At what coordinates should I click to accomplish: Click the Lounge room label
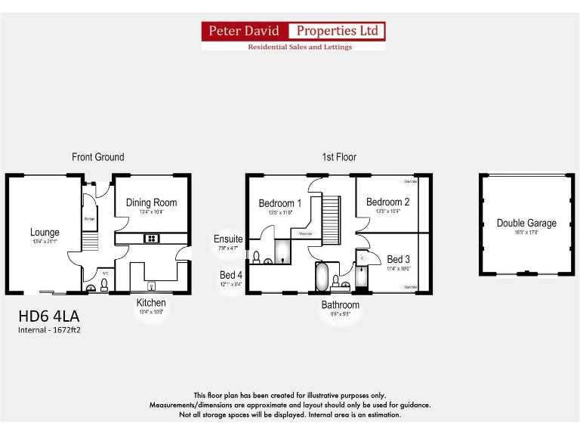coord(45,233)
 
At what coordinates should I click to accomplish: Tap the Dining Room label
coord(151,202)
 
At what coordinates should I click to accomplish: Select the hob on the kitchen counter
coord(152,239)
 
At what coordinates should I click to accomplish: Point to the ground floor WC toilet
coord(104,285)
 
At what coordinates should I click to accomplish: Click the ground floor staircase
coord(89,242)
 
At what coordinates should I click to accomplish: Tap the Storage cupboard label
coord(89,219)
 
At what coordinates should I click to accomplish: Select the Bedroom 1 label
coord(280,203)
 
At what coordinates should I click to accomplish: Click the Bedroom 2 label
coord(387,202)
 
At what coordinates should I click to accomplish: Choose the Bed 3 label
coord(398,259)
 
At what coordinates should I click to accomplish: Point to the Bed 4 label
coord(231,276)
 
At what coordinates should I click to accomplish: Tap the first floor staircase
coord(332,218)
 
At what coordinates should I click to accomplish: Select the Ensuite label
coord(228,239)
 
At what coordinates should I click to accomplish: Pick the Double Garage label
coord(526,223)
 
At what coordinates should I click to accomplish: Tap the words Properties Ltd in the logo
coord(338,31)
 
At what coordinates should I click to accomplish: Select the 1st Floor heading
coord(339,157)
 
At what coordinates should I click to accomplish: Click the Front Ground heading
coord(98,157)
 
